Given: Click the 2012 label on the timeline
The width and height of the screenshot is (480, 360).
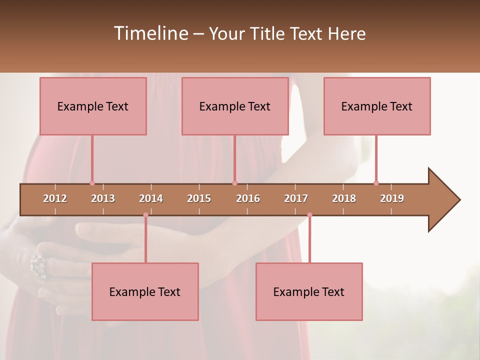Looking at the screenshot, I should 55,198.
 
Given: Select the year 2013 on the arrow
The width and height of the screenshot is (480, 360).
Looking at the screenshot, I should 103,198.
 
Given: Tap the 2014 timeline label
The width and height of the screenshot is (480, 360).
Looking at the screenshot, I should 151,198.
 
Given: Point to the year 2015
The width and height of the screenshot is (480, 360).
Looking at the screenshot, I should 199,198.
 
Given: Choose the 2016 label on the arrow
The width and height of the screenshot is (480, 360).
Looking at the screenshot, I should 248,198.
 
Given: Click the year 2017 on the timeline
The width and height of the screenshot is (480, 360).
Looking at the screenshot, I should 296,198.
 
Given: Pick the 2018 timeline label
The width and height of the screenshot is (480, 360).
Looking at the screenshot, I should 344,198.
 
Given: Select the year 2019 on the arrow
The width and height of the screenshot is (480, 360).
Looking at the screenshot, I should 392,198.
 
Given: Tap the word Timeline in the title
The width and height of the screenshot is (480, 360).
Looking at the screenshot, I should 150,33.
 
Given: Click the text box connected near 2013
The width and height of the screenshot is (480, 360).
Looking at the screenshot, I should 93,106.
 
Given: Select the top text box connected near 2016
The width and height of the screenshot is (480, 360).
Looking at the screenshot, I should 235,106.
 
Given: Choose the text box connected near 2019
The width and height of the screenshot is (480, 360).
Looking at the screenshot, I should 377,106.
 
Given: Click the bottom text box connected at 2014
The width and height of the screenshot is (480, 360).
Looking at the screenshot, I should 145,291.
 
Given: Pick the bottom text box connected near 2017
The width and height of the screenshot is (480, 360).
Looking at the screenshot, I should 309,291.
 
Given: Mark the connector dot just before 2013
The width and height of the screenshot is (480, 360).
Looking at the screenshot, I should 92,183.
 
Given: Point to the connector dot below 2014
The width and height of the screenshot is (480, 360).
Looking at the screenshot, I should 145,215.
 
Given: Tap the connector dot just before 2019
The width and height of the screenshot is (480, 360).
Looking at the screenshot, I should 376,183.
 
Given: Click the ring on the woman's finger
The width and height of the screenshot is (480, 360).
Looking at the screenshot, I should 38,266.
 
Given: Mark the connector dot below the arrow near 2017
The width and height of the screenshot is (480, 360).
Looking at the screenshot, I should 309,215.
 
